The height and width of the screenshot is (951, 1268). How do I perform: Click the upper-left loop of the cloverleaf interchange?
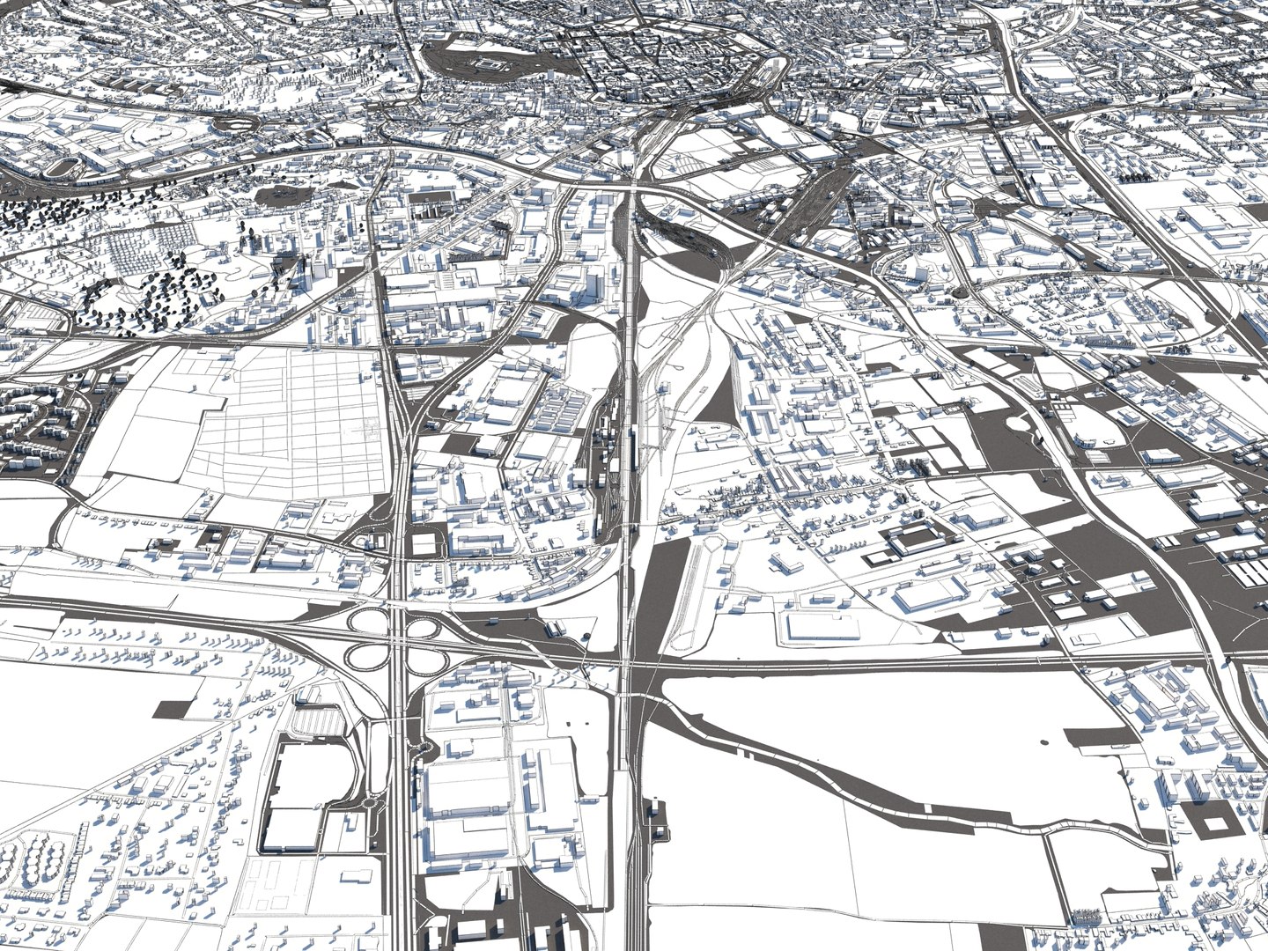point(365,621)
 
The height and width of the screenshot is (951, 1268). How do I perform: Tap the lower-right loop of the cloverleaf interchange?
point(424,654)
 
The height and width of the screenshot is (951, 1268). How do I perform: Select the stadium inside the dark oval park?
point(486,63)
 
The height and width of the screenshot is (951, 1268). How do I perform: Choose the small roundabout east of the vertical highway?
point(430,748)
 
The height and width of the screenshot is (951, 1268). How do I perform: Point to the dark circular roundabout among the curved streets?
point(961,290)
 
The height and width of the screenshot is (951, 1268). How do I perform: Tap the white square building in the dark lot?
point(424,542)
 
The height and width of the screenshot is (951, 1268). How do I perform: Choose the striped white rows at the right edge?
point(1255,572)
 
